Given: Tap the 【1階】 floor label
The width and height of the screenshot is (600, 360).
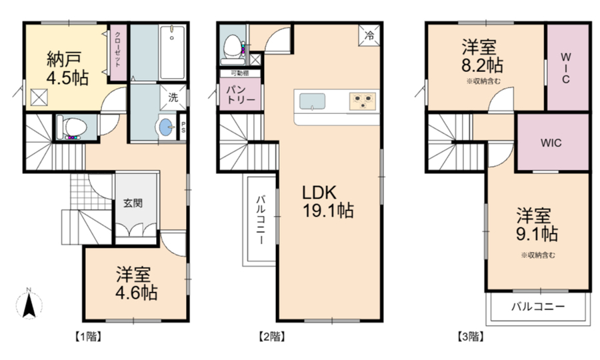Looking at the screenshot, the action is pos(87,337).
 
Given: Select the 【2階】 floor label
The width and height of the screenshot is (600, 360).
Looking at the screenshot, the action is pos(271,337).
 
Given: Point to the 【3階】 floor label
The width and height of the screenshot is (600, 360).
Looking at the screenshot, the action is pos(470,337).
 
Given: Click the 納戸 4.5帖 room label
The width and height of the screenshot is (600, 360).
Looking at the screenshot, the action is pos(67,68).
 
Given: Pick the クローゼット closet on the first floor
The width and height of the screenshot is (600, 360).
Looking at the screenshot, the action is pos(118,53).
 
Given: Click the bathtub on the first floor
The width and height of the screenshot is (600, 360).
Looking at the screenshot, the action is pos(172,53).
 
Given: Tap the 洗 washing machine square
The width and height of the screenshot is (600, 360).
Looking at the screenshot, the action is pos(173,97).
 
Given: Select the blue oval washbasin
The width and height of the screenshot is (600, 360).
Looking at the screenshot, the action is pos(166,127).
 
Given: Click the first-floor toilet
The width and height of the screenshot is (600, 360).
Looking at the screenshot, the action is pos(71,127).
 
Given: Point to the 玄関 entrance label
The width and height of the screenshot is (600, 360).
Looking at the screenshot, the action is pos(133,203).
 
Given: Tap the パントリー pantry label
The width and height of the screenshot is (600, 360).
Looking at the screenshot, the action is pos(240,95).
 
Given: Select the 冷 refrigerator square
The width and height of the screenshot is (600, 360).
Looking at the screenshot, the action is pos(369,35).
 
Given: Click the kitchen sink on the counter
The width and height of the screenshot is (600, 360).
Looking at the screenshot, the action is pos(312,101).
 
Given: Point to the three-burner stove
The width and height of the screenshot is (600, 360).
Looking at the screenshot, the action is pos(362,101).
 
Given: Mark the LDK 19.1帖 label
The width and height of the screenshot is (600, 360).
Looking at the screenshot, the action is pos(327,201).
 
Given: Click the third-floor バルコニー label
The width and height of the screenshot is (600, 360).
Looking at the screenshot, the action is pos(538,307).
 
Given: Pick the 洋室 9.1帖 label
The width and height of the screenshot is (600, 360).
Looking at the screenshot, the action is pos(537,225).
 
